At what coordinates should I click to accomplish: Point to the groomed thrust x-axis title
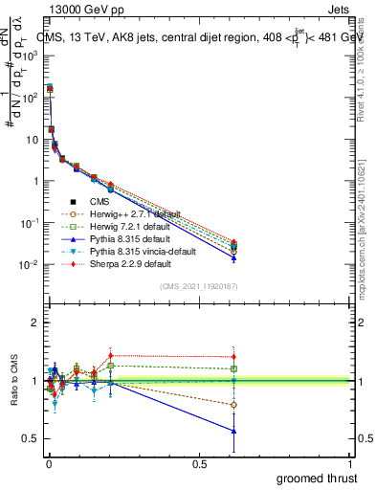click(x=318, y=478)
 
